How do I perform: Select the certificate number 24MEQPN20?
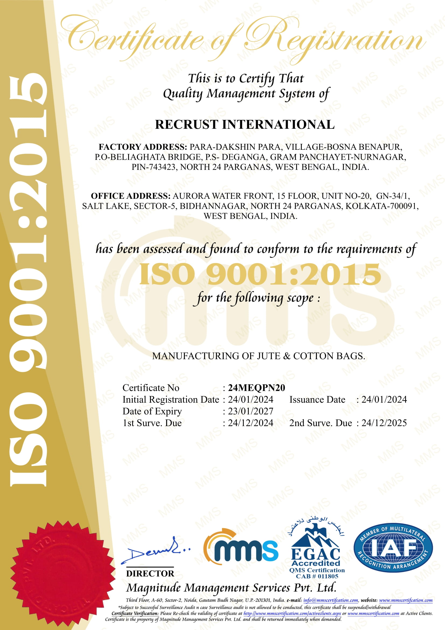point(256,388)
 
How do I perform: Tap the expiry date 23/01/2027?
point(251,411)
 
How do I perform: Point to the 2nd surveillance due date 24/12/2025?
point(384,423)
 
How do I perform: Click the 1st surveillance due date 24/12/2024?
point(251,423)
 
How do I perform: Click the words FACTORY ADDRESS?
point(143,147)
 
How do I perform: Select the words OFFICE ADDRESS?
point(131,196)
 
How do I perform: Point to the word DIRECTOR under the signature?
point(150,573)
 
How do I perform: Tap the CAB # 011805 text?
point(317,576)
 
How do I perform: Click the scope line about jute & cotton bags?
point(258,356)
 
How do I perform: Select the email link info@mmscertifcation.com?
point(331,600)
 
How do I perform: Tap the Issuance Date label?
point(317,399)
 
